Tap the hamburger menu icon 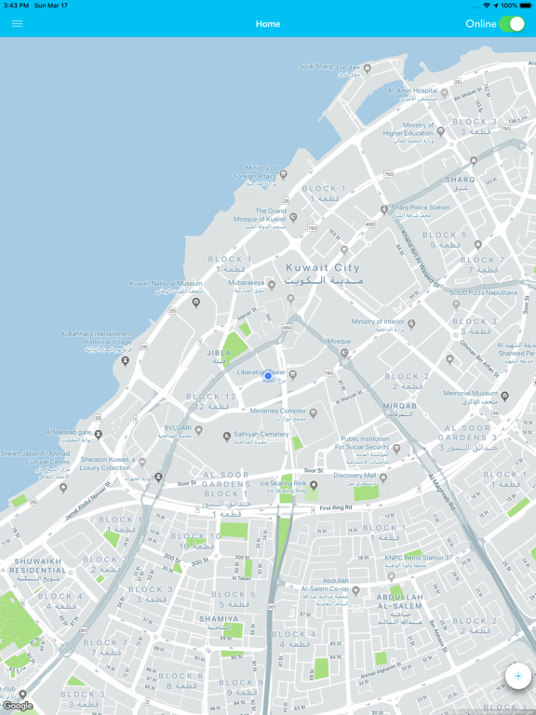(17, 24)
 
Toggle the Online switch (511, 24)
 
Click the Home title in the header (268, 24)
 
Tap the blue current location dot (268, 376)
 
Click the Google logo (18, 706)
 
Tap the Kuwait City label (323, 268)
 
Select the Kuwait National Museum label (166, 284)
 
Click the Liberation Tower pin (292, 375)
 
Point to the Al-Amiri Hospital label (412, 91)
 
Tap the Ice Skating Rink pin (314, 485)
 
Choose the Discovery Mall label (355, 476)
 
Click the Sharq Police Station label (420, 208)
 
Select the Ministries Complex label (278, 411)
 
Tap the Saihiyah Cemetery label (261, 434)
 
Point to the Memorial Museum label (471, 393)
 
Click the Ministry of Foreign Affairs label (255, 171)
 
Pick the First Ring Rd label (336, 508)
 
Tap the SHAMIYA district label (220, 618)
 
